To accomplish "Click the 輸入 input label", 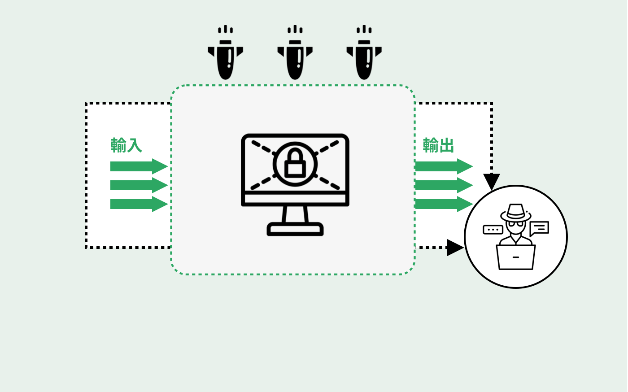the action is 126,145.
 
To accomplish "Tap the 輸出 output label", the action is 438,145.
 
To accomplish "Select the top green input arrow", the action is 139,166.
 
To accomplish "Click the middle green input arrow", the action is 139,185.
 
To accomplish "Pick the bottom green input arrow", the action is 139,204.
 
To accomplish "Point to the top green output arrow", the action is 444,166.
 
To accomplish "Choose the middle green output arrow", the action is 444,185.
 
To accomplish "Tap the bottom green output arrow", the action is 444,204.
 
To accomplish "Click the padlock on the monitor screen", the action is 295,163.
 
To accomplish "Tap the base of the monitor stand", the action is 295,229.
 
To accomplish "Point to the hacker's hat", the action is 515,212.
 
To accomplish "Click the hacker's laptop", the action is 515,257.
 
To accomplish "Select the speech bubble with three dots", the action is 493,230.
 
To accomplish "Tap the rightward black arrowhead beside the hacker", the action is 455,248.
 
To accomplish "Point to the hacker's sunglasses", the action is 515,224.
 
